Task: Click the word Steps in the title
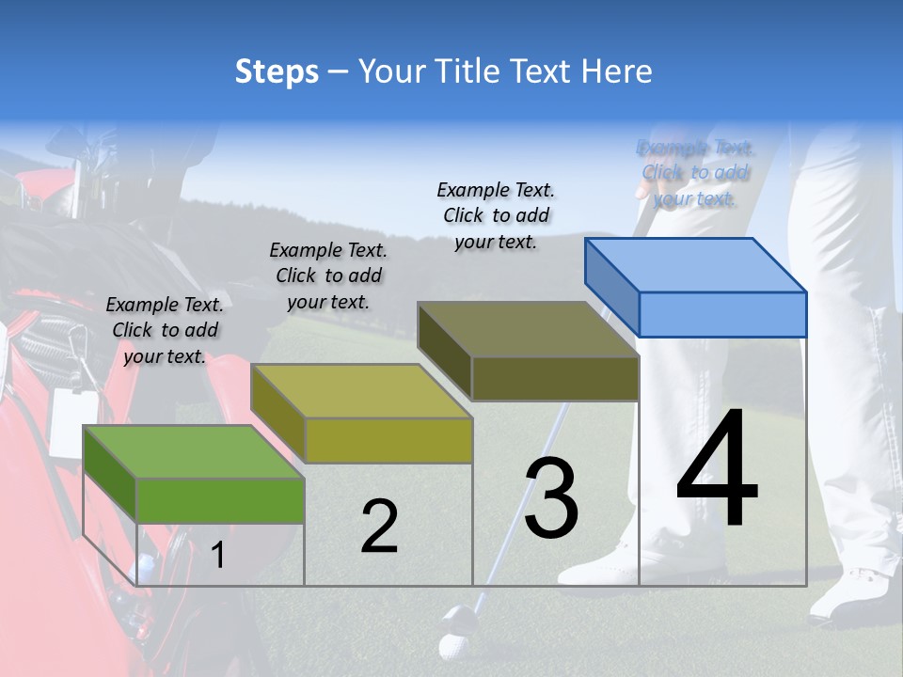277,71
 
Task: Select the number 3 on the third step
551,498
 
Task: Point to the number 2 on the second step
379,527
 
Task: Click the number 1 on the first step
218,556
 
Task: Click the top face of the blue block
696,264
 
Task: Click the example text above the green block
165,330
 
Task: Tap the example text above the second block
328,276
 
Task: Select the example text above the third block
496,215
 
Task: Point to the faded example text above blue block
695,173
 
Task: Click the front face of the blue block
722,314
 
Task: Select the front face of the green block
220,500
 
